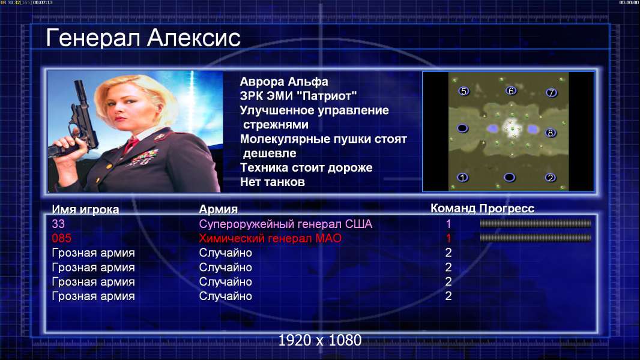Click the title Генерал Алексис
click(x=143, y=38)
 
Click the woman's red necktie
click(x=131, y=145)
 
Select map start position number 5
click(x=463, y=91)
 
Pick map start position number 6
click(x=511, y=91)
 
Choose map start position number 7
click(x=551, y=92)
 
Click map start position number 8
click(x=551, y=133)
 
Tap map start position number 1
click(x=462, y=178)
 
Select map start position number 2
click(x=550, y=178)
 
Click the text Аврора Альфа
click(x=283, y=82)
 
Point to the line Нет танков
click(x=272, y=182)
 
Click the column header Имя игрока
click(x=85, y=209)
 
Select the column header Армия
click(x=219, y=209)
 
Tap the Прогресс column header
click(x=507, y=208)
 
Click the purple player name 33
click(x=58, y=224)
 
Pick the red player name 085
click(x=62, y=238)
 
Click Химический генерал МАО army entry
click(x=270, y=238)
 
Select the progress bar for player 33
click(x=536, y=223)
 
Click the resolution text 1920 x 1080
click(x=320, y=340)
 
